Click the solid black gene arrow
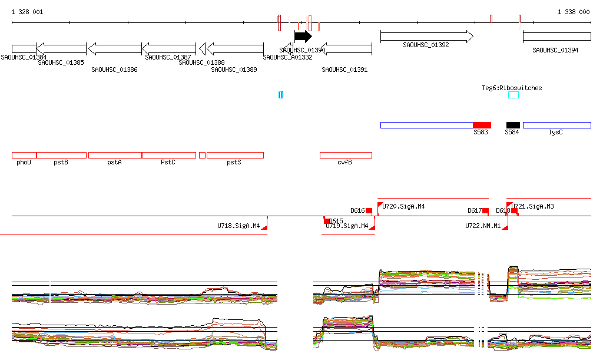[x=303, y=37]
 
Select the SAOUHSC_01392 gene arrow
[x=426, y=37]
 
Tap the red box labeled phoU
[x=24, y=155]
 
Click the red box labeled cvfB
[x=346, y=155]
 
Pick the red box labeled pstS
[x=235, y=155]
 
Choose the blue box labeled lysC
[x=556, y=125]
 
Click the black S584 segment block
[x=513, y=125]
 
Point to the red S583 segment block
[x=482, y=125]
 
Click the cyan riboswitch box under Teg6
[x=513, y=95]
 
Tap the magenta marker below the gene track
[x=281, y=95]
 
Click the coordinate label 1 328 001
[x=27, y=12]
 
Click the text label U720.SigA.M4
[x=403, y=207]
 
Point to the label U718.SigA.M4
[x=238, y=226]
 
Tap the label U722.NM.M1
[x=482, y=226]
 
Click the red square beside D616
[x=369, y=210]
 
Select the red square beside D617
[x=486, y=210]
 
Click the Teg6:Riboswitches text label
[x=512, y=88]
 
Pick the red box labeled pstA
[x=115, y=155]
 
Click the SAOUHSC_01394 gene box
[x=556, y=37]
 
